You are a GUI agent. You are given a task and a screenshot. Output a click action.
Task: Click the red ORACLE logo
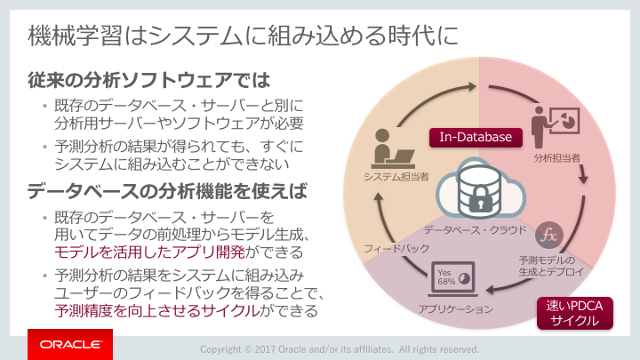point(70,344)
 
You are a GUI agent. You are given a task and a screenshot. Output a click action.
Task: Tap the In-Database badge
point(476,137)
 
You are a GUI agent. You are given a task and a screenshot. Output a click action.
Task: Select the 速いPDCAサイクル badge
point(575,313)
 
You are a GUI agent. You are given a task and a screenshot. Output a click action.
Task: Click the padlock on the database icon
point(480,199)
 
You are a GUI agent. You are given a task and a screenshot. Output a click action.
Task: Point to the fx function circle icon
point(549,235)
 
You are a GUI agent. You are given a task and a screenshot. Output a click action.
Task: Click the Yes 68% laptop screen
point(453,277)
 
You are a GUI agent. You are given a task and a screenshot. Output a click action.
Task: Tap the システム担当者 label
point(396,176)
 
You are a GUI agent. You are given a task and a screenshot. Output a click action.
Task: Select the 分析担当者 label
point(556,158)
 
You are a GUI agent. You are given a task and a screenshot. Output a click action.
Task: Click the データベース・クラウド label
point(475,230)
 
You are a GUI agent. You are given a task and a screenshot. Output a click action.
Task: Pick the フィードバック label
point(396,249)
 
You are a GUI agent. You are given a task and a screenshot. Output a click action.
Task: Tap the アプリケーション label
point(455,309)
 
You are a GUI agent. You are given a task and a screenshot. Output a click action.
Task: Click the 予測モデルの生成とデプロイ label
point(551,266)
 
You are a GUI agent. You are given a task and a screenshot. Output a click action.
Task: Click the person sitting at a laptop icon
point(393,149)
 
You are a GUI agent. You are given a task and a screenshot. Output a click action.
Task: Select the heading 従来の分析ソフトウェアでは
point(149,80)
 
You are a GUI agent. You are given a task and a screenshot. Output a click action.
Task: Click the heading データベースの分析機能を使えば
point(167,191)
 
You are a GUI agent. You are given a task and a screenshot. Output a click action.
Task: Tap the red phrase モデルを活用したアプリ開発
point(150,252)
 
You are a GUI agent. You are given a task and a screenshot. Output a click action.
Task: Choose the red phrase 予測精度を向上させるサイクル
point(157,310)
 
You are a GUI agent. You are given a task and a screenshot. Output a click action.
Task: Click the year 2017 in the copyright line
point(265,349)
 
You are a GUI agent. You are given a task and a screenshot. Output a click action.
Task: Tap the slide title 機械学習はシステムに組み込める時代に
point(244,35)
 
